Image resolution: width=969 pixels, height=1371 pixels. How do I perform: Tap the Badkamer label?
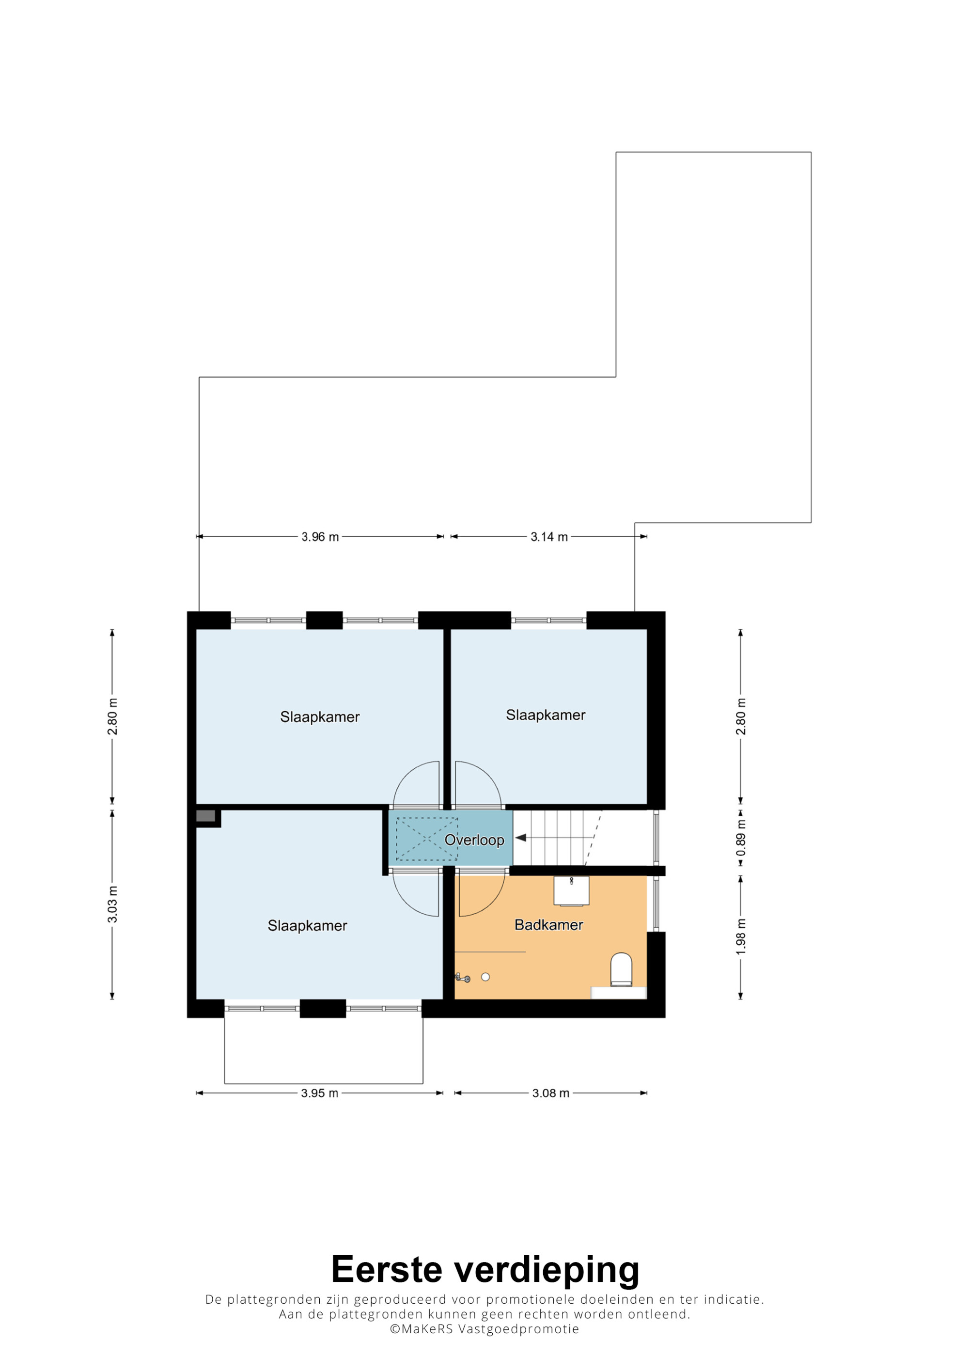click(548, 925)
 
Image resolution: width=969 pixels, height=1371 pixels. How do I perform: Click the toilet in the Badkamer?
click(621, 970)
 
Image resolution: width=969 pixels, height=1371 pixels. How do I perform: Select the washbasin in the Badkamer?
click(571, 890)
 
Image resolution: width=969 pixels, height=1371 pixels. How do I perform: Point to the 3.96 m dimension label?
click(320, 537)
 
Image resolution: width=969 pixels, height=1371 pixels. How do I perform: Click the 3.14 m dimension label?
click(549, 537)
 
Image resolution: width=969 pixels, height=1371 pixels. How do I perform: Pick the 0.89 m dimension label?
click(741, 837)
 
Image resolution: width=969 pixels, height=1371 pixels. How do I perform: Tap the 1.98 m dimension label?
click(741, 936)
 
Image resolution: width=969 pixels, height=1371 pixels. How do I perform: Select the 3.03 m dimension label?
click(112, 904)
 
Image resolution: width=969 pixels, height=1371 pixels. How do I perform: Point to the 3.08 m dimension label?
click(551, 1093)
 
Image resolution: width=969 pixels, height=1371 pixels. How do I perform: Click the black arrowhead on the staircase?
click(521, 838)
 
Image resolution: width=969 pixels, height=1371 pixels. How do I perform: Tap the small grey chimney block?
click(205, 816)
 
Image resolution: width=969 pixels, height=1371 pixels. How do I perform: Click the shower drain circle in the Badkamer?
click(485, 977)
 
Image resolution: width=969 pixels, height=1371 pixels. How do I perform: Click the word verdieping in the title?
click(547, 1272)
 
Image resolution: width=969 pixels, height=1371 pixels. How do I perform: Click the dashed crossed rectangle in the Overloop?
click(427, 839)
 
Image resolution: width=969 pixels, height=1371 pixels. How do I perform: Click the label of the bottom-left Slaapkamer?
click(308, 925)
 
